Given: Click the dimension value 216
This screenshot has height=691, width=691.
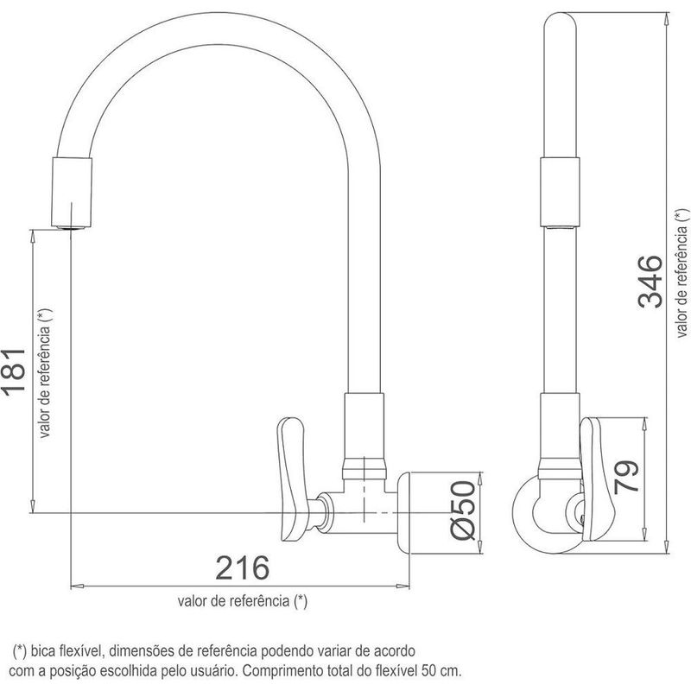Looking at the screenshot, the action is pos(242,567).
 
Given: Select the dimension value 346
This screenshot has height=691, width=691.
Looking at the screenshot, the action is pos(650,282).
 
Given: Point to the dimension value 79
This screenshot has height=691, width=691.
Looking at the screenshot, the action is pos(625,477).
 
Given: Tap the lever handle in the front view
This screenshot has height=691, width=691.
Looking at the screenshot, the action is pos(291,479).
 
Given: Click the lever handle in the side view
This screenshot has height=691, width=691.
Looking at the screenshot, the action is pos(598,479).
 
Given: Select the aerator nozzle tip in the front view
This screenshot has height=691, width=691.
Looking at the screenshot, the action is pos(73,227).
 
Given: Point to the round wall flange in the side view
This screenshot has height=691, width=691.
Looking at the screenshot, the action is pos(546,514).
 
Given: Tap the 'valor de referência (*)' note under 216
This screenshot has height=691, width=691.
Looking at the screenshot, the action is pos(243,600).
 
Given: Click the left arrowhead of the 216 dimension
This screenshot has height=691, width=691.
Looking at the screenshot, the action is pos(77,586).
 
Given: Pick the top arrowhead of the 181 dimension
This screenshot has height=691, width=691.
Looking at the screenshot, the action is pos(32,236).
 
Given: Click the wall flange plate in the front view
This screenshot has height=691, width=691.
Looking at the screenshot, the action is pos(404,512).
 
